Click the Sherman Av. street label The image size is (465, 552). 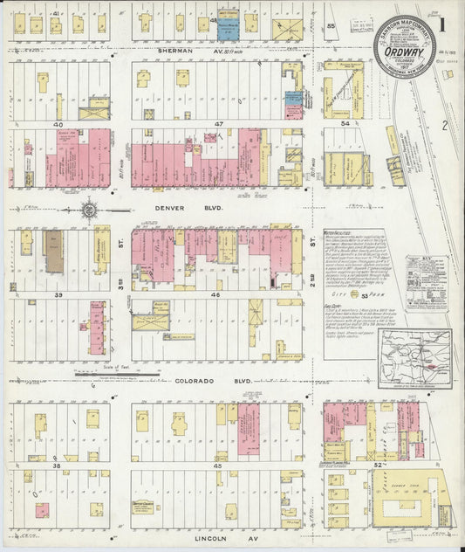click(x=178, y=51)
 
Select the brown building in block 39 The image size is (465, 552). click(x=54, y=252)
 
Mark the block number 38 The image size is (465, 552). click(x=58, y=467)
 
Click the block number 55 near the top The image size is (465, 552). click(x=331, y=26)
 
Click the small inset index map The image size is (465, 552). click(x=414, y=357)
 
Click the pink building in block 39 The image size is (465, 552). click(x=96, y=328)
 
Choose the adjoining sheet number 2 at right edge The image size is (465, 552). click(x=443, y=125)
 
